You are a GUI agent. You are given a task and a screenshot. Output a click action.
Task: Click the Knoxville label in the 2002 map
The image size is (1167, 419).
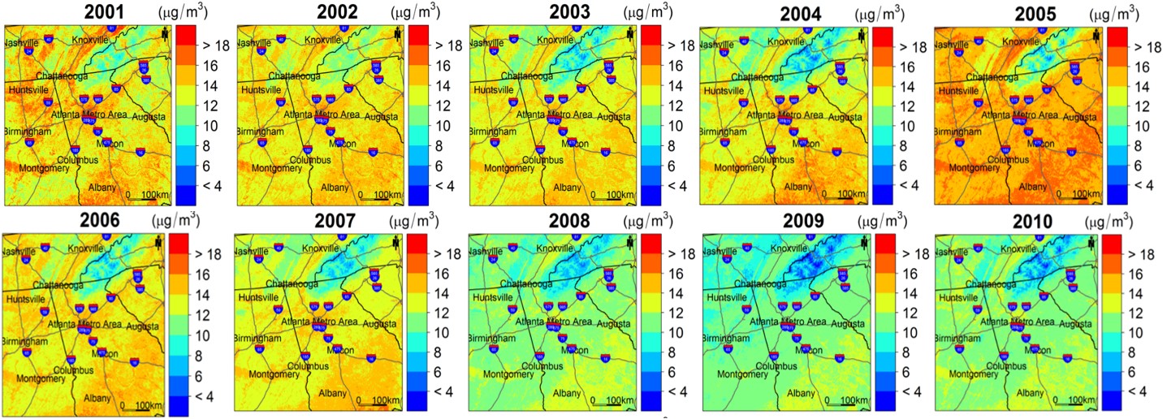[322, 40]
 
